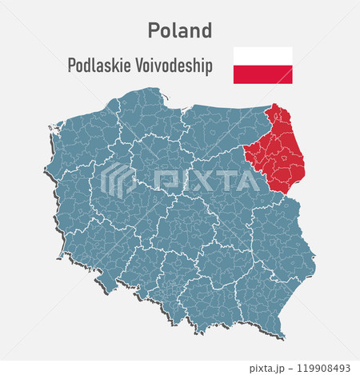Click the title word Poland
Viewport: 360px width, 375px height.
[x=180, y=30]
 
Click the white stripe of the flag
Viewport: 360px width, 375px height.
[x=262, y=56]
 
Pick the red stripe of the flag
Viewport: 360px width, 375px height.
[x=262, y=74]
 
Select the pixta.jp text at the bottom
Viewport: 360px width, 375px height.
[x=270, y=368]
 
